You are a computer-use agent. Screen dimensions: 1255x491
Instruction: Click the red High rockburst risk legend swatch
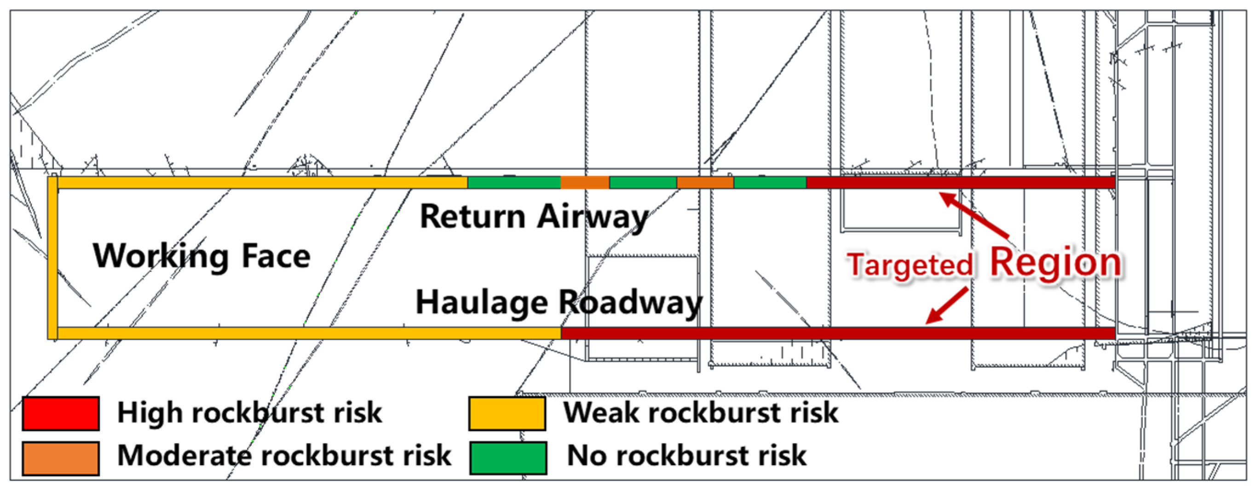pos(61,414)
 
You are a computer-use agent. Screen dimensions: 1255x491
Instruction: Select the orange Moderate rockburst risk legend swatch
pos(61,458)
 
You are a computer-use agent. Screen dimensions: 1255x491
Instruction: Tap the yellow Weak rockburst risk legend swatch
pos(507,414)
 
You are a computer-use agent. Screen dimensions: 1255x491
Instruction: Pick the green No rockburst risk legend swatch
pos(508,458)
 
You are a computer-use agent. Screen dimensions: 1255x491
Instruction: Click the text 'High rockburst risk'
pos(249,413)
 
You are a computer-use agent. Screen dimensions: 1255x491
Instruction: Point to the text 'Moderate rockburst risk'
pos(284,456)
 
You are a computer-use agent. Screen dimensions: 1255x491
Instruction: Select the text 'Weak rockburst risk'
pos(701,413)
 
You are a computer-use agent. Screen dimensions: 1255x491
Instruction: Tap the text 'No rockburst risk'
pos(687,456)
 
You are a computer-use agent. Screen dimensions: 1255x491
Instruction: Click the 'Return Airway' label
pos(535,217)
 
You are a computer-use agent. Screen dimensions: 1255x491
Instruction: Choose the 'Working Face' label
pos(201,257)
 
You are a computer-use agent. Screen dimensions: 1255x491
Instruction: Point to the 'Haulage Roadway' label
pos(559,303)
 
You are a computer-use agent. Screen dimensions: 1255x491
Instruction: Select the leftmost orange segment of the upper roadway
pos(585,183)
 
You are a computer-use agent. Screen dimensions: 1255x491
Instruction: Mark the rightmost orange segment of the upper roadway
pos(705,183)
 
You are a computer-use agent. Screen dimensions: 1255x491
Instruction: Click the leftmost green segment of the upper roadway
pos(514,183)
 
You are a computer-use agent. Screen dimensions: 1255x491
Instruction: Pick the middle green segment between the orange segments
pos(643,183)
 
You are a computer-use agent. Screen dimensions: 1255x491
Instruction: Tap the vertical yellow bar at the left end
pos(52,258)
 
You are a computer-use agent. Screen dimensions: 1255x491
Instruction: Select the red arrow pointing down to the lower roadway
pos(947,306)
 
